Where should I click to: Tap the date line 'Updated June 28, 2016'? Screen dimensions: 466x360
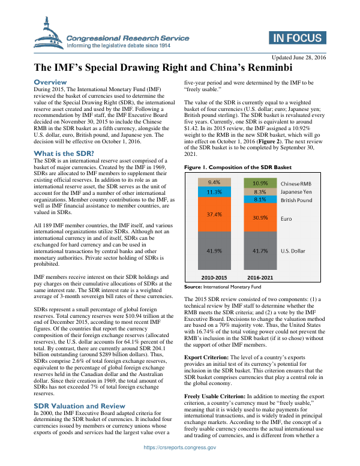click(295, 58)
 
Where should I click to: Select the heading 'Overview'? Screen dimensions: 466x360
click(50, 82)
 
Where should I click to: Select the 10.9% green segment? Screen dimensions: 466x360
click(260, 166)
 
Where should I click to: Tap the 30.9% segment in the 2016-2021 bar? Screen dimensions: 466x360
click(260, 202)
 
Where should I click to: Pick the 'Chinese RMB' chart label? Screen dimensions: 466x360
click(296, 166)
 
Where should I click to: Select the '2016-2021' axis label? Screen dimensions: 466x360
click(260, 278)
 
